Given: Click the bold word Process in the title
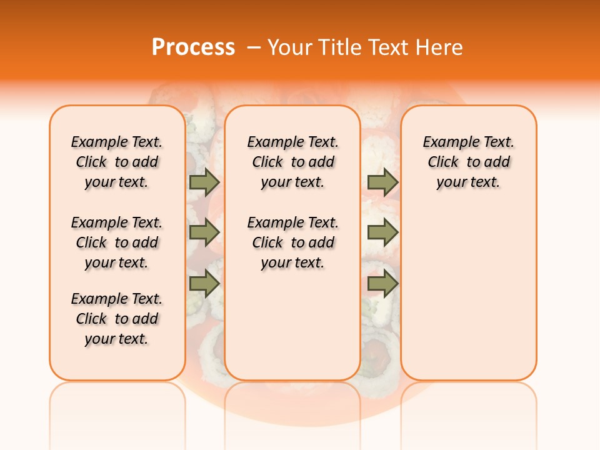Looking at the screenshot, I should (193, 47).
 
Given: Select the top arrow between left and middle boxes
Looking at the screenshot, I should (204, 182).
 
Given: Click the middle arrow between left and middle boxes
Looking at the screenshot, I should (204, 232).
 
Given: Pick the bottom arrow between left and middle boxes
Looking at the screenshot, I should (204, 284).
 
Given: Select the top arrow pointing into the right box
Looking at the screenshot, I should (382, 182).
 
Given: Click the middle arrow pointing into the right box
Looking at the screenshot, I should (382, 232).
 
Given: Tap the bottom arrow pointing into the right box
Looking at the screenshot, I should (382, 284).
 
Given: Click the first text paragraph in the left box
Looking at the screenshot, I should (116, 162).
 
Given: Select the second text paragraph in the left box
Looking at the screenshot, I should (116, 242).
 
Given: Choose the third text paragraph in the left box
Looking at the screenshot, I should (116, 319).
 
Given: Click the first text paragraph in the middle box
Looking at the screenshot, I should (292, 162).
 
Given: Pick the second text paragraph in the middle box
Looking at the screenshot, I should (292, 242).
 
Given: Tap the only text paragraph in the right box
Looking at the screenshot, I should (468, 162).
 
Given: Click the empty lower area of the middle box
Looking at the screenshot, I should (292, 325).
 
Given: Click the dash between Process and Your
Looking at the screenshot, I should (254, 47).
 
